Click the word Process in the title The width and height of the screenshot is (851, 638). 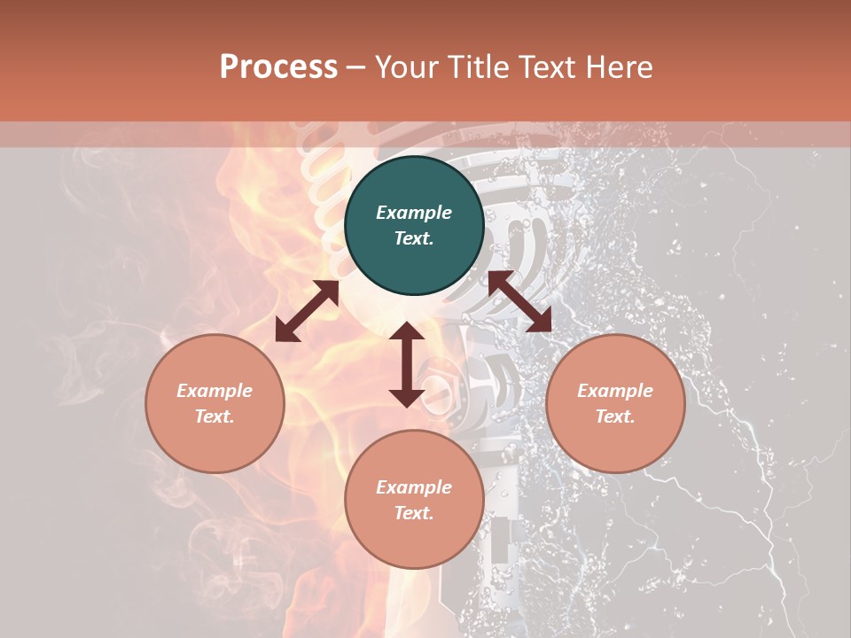pyautogui.click(x=278, y=67)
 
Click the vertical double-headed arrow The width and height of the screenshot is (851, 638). pyautogui.click(x=407, y=364)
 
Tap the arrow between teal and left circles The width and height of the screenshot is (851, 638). pyautogui.click(x=307, y=311)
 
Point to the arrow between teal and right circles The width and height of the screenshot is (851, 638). pyautogui.click(x=519, y=301)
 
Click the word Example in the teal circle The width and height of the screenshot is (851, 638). pyautogui.click(x=414, y=213)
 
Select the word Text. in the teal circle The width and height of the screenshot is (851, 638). pyautogui.click(x=414, y=238)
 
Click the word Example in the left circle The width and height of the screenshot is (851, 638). pyautogui.click(x=215, y=391)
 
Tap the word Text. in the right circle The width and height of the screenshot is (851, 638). pyautogui.click(x=615, y=416)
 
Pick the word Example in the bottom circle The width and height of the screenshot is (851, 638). pyautogui.click(x=414, y=487)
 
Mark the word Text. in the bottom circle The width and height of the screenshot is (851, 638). pyautogui.click(x=414, y=513)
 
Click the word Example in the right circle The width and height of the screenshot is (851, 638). pyautogui.click(x=615, y=391)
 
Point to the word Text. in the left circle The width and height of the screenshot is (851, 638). pyautogui.click(x=215, y=416)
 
